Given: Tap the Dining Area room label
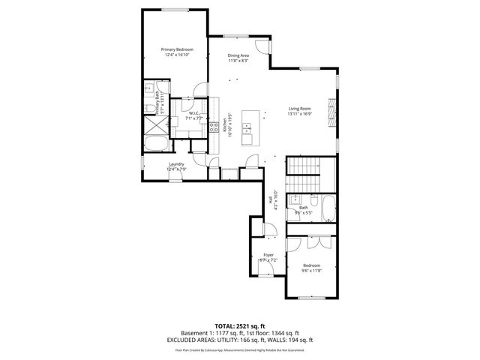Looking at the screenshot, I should point(239,55).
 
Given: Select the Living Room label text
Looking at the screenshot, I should point(299,109).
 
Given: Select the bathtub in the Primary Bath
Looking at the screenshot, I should point(157,145).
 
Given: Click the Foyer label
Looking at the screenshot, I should point(268,255).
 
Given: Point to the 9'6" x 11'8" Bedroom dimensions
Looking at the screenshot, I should point(311,271).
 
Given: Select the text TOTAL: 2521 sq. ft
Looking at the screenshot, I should point(240,326).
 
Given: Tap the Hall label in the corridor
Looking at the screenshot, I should point(270,199).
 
